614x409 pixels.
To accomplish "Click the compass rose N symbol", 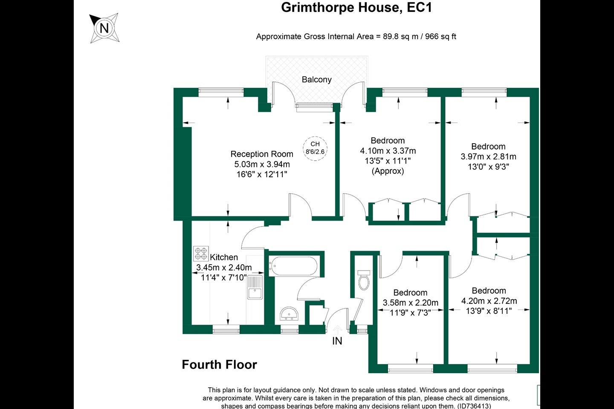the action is pyautogui.click(x=104, y=28).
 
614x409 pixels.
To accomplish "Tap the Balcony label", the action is pyautogui.click(x=316, y=79).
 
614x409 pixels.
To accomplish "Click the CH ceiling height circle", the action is pyautogui.click(x=315, y=148).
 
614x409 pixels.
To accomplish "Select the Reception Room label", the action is pyautogui.click(x=262, y=154).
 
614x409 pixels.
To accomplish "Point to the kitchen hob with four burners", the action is pyautogui.click(x=201, y=253).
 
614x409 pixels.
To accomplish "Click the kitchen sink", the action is pyautogui.click(x=255, y=287).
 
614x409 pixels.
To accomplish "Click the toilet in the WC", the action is pyautogui.click(x=364, y=280).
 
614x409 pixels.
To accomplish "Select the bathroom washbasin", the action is pyautogui.click(x=289, y=314).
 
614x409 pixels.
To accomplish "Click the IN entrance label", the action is pyautogui.click(x=337, y=341).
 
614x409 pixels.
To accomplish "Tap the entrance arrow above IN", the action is pyautogui.click(x=337, y=329).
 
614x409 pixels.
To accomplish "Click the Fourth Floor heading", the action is pyautogui.click(x=220, y=365).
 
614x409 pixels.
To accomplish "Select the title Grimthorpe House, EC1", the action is pyautogui.click(x=356, y=7).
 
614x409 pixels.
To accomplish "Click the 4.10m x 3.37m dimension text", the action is pyautogui.click(x=388, y=151).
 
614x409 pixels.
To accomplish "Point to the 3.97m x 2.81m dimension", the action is pyautogui.click(x=489, y=157).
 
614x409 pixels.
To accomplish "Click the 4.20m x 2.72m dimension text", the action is pyautogui.click(x=489, y=301).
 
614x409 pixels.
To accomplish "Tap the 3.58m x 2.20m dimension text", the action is pyautogui.click(x=410, y=303).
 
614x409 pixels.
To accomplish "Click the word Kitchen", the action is pyautogui.click(x=224, y=257).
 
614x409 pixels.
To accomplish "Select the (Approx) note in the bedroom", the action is pyautogui.click(x=388, y=171).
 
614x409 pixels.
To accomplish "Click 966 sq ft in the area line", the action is pyautogui.click(x=440, y=37).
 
